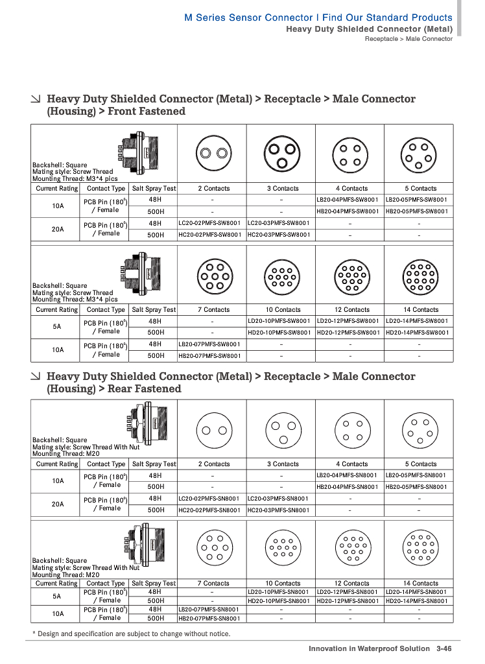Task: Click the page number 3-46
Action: pos(444,648)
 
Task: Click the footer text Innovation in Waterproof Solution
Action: pos(369,648)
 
